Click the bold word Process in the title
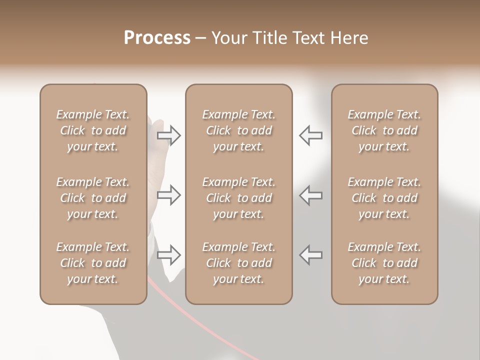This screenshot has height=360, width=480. (x=157, y=38)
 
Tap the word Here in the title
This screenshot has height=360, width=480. (x=350, y=38)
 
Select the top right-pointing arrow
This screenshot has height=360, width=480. (x=169, y=135)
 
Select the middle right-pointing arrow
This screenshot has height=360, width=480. (x=169, y=195)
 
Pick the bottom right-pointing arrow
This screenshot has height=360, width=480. (x=169, y=255)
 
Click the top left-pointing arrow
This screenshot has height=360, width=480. (x=311, y=135)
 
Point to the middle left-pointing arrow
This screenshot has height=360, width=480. (x=311, y=195)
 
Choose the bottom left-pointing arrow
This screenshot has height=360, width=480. (x=311, y=255)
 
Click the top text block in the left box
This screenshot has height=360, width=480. (x=93, y=130)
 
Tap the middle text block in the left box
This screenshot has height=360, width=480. (x=93, y=198)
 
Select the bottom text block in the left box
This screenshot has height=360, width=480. (x=93, y=263)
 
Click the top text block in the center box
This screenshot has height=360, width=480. (x=238, y=130)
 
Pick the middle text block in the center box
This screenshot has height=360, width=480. (x=238, y=198)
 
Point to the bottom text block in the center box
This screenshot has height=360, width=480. (x=238, y=263)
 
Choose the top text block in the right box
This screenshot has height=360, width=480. (x=384, y=130)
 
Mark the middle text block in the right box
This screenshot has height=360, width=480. (x=384, y=198)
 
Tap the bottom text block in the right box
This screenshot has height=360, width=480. (x=384, y=263)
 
